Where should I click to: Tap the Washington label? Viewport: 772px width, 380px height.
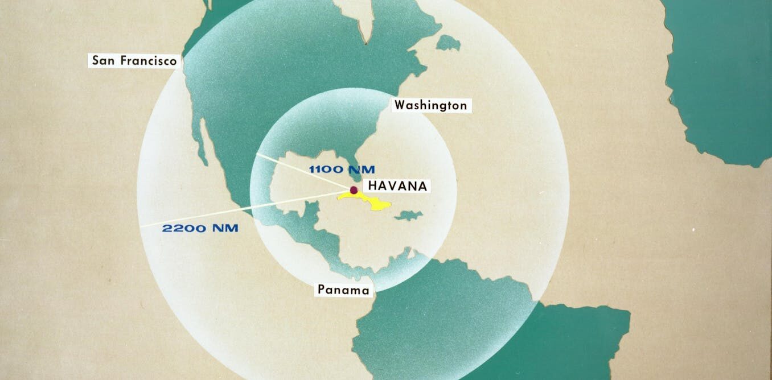click(x=430, y=105)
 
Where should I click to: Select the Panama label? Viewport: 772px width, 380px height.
click(x=343, y=290)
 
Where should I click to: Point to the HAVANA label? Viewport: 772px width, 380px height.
click(x=397, y=186)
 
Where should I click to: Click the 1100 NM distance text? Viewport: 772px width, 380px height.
click(x=342, y=169)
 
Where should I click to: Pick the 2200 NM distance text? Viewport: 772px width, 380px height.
click(x=200, y=229)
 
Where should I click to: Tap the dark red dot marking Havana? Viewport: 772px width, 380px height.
click(x=354, y=190)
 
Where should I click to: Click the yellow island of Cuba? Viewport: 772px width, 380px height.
click(x=370, y=201)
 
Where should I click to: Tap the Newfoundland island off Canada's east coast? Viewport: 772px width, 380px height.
click(x=448, y=42)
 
